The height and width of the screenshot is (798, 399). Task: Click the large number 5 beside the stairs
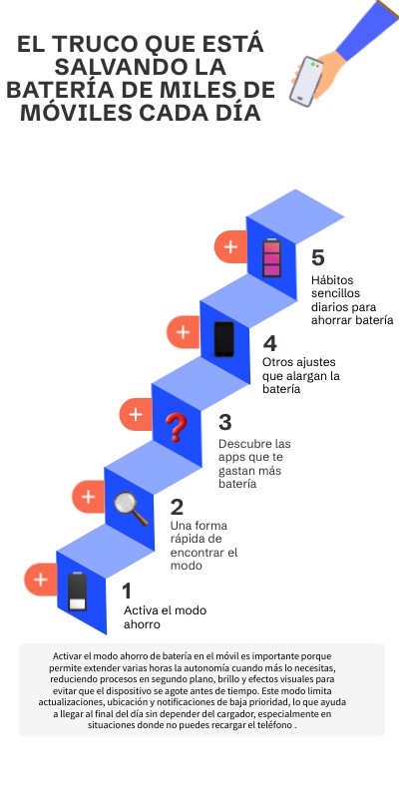317,257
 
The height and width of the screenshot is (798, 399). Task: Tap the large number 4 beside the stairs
269,343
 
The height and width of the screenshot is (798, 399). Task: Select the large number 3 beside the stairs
225,422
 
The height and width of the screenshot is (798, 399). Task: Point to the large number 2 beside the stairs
177,507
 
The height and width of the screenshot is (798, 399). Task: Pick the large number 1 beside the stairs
128,592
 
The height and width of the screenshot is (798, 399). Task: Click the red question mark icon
177,427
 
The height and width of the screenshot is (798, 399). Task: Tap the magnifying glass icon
131,509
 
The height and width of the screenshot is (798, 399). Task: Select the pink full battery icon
271,258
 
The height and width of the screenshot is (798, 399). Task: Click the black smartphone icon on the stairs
223,339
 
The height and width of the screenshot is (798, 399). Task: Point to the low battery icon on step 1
78,592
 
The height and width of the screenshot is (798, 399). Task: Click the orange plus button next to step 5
230,246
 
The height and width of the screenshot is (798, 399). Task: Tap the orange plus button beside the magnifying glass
88,497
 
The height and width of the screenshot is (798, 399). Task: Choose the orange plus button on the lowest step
40,580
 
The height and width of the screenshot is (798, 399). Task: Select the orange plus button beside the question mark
136,414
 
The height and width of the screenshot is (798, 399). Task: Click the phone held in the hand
306,82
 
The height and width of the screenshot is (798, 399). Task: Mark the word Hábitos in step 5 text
332,280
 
